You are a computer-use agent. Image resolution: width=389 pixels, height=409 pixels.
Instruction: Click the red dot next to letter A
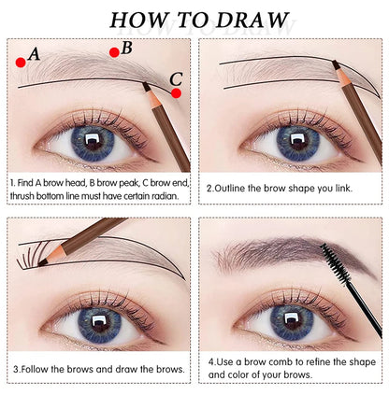20,62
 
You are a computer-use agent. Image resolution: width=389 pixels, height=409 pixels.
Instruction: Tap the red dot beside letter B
114,52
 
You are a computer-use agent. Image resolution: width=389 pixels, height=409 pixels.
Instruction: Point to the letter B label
127,47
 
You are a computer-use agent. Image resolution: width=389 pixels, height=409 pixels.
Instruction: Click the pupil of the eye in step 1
93,142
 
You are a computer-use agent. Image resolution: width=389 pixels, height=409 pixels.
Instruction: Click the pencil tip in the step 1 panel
146,86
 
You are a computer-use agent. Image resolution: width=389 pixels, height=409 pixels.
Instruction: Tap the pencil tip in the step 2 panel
335,64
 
